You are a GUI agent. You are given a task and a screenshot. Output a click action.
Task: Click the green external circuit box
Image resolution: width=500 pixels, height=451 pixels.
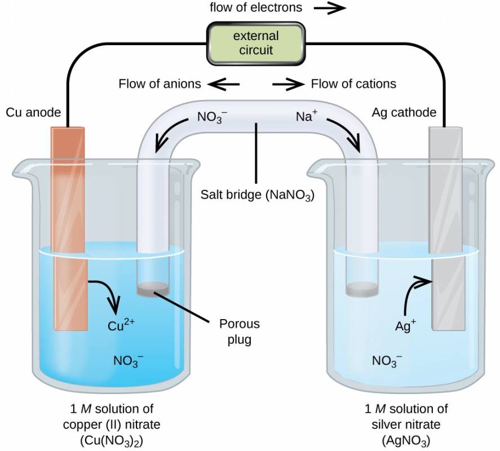click(x=256, y=44)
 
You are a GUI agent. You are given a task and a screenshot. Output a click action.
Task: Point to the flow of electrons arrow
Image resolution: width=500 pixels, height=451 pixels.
click(x=330, y=8)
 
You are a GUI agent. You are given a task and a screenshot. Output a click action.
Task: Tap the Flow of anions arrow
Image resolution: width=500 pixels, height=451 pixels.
click(x=223, y=84)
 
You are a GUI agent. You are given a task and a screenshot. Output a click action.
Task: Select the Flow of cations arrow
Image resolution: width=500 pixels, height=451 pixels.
click(x=288, y=84)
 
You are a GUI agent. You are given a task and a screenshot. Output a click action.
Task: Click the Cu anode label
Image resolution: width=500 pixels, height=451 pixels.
click(x=33, y=112)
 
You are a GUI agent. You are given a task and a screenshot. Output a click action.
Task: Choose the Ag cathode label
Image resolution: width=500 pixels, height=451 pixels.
click(x=404, y=112)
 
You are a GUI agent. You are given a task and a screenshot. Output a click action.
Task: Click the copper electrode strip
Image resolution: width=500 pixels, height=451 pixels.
click(x=69, y=229)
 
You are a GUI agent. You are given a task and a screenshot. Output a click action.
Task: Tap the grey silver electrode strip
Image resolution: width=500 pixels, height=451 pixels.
click(x=446, y=229)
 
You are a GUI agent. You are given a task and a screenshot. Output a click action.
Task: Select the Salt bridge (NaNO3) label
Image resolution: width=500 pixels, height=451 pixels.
click(x=258, y=194)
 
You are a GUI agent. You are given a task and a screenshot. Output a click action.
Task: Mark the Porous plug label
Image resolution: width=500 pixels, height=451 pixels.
click(x=240, y=331)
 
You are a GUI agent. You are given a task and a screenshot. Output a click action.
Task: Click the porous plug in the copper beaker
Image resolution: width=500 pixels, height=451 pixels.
click(x=153, y=289)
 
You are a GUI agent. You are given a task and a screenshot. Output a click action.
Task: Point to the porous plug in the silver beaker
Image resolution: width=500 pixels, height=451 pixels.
click(x=362, y=289)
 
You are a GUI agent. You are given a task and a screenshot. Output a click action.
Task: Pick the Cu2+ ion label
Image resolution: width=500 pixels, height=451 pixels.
click(x=121, y=325)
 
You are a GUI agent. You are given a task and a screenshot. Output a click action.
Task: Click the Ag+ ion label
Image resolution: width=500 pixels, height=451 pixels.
click(x=405, y=325)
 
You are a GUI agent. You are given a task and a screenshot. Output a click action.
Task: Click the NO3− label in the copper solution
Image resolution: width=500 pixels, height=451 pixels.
click(x=129, y=361)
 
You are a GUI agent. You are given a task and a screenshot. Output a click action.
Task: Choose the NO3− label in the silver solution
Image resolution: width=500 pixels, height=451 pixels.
click(x=387, y=361)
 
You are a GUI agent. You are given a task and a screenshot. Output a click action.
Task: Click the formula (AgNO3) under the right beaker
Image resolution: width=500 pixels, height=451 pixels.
click(x=406, y=441)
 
